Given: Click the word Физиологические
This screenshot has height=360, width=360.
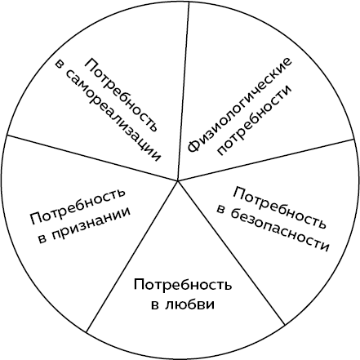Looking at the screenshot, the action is [239, 105].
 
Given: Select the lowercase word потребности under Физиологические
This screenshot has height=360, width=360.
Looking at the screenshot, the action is [255, 121].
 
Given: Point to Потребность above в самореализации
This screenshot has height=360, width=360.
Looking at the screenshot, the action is [122, 95].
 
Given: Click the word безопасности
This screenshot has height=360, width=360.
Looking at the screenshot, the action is [280, 231].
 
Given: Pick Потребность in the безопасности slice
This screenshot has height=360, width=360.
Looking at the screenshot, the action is [280, 207].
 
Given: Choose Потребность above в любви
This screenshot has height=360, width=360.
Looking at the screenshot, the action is [183, 285].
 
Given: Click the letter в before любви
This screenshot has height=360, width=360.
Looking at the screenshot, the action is [155, 305].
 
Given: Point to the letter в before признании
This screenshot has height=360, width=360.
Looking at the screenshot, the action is [42, 239].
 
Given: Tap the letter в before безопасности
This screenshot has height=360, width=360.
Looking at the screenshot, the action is [221, 210].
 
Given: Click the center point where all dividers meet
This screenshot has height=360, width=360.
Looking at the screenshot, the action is [177, 180].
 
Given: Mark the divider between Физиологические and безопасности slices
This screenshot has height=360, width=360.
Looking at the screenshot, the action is [265, 160].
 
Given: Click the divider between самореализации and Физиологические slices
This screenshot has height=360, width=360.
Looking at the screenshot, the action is [184, 92].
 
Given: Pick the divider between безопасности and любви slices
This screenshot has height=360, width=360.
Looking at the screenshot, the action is [231, 252].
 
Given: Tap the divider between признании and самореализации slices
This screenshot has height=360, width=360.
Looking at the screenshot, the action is [92, 158].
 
